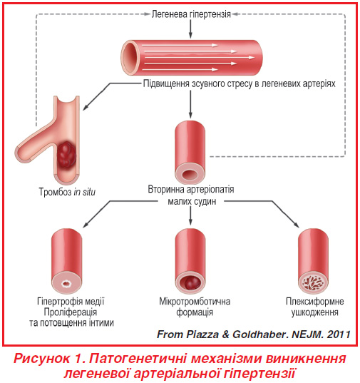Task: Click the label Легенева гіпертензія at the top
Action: (191, 14)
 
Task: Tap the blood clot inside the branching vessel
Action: (66, 155)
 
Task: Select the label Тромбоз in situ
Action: (67, 192)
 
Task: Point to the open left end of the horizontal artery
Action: (129, 58)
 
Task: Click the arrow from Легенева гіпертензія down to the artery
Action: (190, 29)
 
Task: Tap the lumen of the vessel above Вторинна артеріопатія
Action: (190, 175)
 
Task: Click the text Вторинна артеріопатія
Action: (191, 189)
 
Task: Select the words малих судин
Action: (192, 202)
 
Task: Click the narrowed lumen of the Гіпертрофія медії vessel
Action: (66, 284)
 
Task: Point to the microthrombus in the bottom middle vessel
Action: (190, 283)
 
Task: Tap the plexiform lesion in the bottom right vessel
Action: (313, 283)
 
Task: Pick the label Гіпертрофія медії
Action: (71, 302)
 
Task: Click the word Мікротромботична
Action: (195, 302)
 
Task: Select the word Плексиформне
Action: (315, 302)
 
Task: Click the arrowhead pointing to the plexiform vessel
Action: (297, 225)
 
